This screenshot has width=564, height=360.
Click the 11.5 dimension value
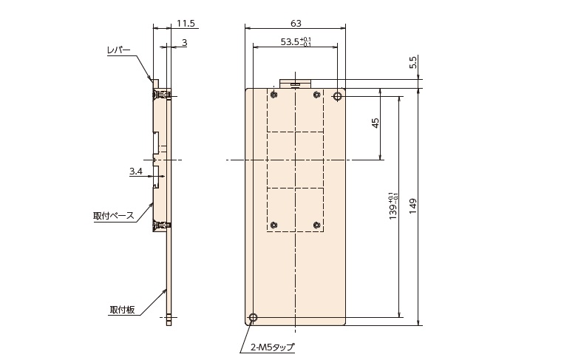tap(186, 24)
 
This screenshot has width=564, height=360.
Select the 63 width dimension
tap(296, 24)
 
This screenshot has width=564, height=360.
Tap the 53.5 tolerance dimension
tap(296, 41)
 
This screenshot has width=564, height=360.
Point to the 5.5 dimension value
tap(413, 62)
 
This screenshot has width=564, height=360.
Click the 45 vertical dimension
tap(376, 123)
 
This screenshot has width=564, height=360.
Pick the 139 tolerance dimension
tap(393, 206)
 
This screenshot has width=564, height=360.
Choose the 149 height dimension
tap(413, 206)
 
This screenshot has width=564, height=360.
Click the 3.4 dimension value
tap(136, 171)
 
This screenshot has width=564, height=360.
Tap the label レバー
tap(119, 50)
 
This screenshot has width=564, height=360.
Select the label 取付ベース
tap(113, 216)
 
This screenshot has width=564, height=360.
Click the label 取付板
tap(122, 310)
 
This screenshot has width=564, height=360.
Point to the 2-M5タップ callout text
tap(272, 347)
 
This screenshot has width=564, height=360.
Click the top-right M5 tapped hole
tap(337, 96)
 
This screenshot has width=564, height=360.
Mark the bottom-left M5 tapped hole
tap(253, 318)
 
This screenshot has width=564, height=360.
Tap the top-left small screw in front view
tap(275, 95)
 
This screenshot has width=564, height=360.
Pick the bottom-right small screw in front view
tap(316, 225)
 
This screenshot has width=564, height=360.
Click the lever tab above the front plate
tap(295, 84)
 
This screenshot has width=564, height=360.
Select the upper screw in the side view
tap(162, 95)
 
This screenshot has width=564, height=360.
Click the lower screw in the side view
tap(162, 226)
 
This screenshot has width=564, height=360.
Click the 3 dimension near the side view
tap(185, 43)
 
